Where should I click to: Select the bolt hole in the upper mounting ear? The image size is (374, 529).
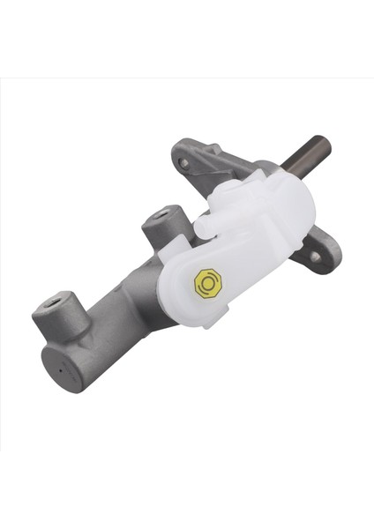tap(183, 162)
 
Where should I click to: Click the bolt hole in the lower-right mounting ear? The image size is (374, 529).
tap(315, 257)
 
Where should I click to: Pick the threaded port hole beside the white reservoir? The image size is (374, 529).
tap(161, 214)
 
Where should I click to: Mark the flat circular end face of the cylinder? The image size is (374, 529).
tap(62, 369)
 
